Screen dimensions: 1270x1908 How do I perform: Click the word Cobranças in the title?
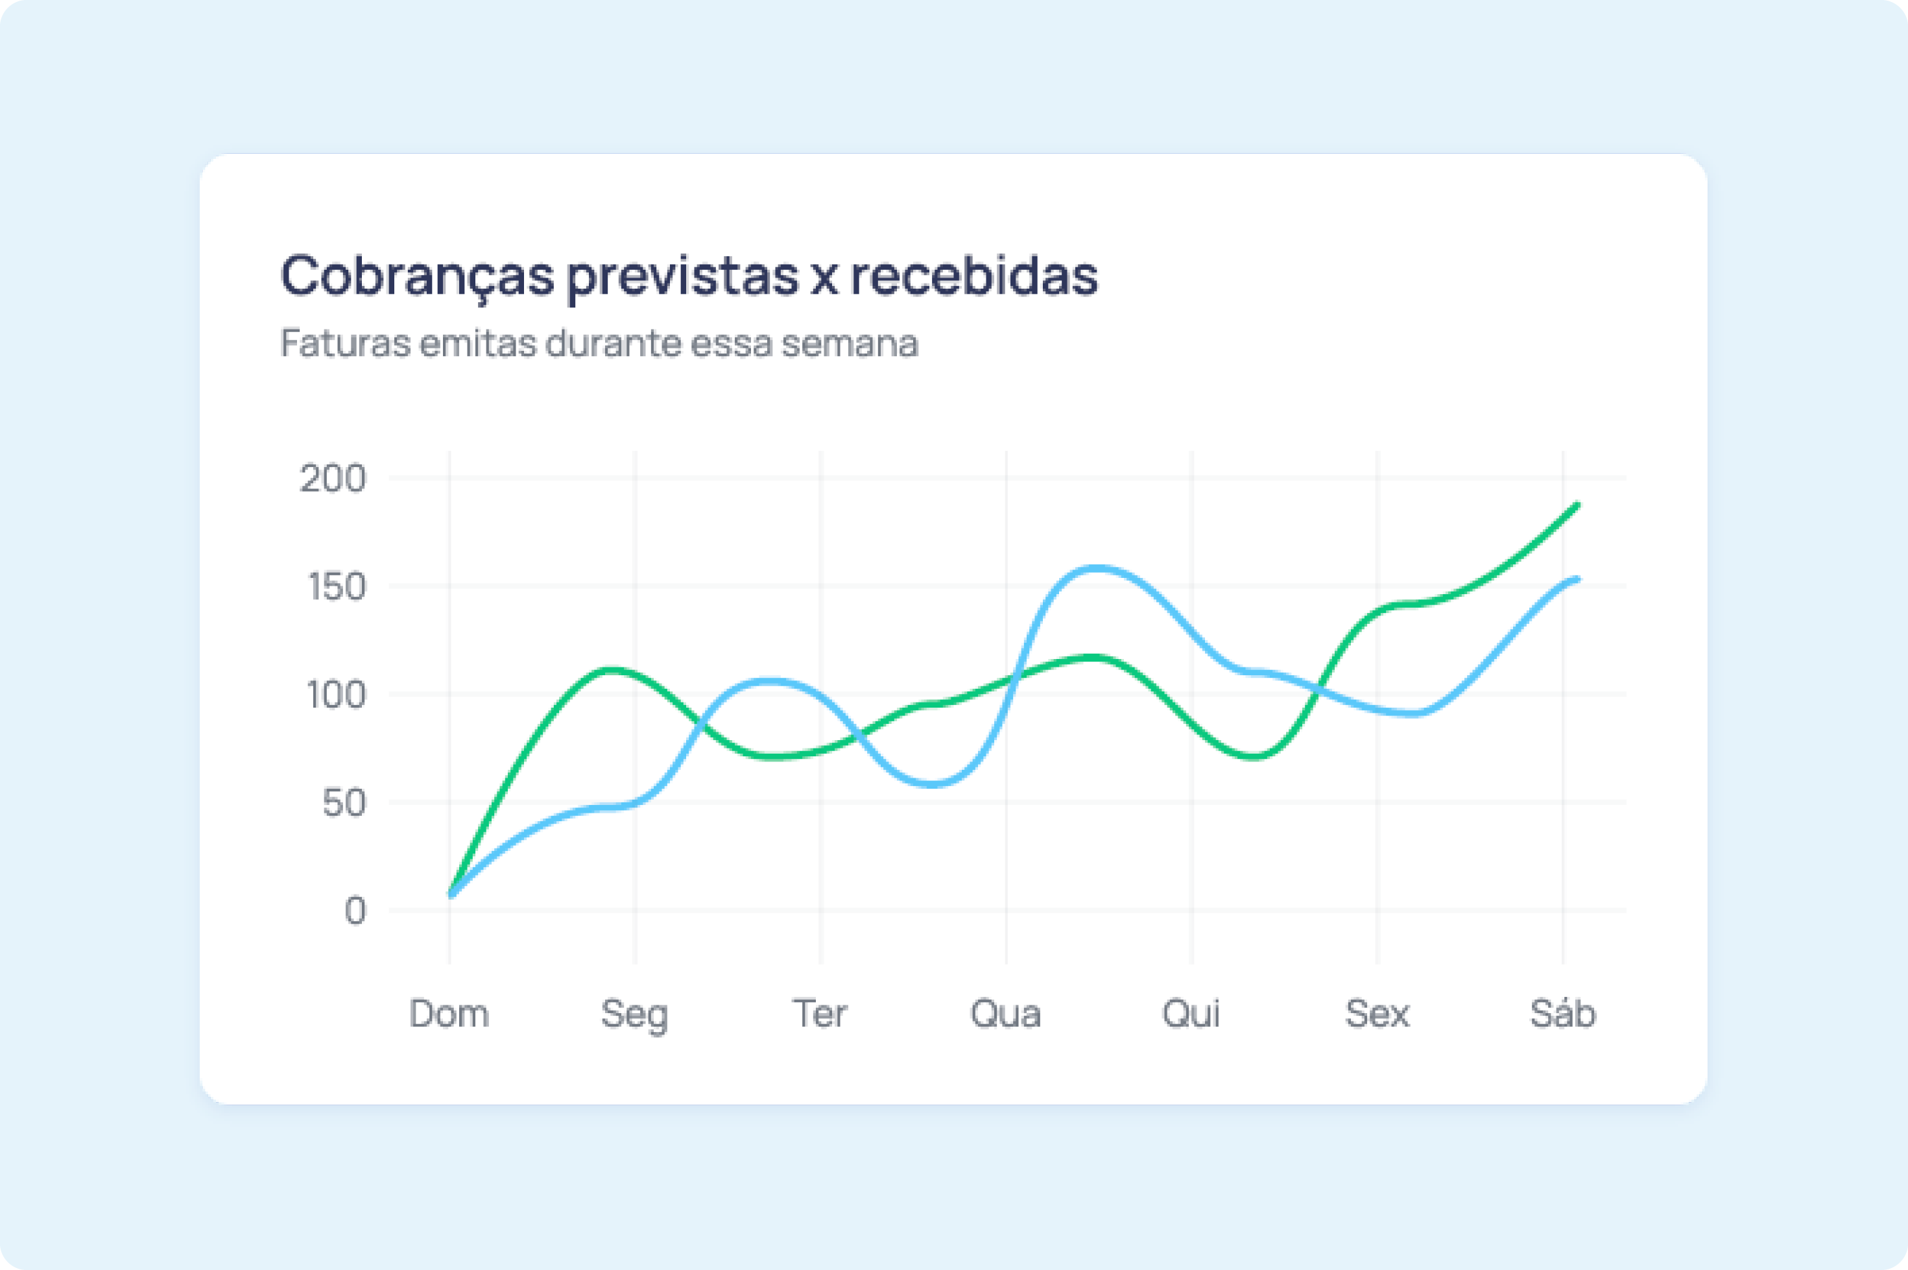[417, 276]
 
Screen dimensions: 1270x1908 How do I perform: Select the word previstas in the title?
[682, 276]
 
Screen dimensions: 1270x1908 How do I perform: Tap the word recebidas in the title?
[973, 276]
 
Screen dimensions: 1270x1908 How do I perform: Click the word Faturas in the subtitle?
[345, 343]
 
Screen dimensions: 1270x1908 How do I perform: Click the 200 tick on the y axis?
[333, 479]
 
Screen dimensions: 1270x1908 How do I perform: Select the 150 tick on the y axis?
[337, 587]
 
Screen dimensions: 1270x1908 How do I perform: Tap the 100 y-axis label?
[336, 695]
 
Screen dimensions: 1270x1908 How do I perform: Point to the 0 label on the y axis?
[355, 912]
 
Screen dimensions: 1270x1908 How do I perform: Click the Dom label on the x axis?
[449, 1014]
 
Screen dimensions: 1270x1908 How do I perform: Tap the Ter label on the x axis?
[820, 1014]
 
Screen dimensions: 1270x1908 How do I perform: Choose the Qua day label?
[1006, 1014]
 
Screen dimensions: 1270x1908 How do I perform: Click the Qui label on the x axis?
[1191, 1014]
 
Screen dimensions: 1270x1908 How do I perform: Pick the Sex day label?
[1377, 1014]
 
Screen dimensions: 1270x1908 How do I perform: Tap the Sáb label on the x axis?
[1562, 1014]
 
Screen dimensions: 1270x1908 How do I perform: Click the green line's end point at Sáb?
[1576, 505]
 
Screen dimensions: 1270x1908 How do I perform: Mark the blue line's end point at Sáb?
[1576, 579]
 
